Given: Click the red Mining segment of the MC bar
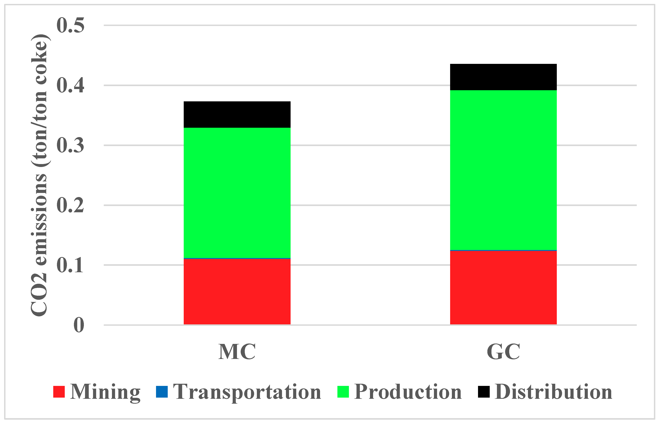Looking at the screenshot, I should [x=237, y=292].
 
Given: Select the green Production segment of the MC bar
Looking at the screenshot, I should [x=237, y=193].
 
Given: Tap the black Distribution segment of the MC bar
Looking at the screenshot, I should [x=237, y=115].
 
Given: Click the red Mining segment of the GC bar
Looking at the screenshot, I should [x=503, y=288].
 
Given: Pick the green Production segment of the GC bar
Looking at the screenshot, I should [x=503, y=170].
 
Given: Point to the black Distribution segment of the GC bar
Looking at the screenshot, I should [x=503, y=77].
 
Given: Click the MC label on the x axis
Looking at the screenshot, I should [x=237, y=352].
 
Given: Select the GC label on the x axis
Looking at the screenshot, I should [x=503, y=352].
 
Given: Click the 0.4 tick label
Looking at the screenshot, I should [x=70, y=85].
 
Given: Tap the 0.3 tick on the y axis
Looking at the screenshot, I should [x=70, y=145].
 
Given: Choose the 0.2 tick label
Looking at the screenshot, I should [x=70, y=205].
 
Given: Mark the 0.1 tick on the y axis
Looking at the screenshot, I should [x=70, y=265].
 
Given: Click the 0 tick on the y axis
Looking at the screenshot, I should [x=79, y=325].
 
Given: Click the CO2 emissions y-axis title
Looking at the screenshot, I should [x=40, y=176].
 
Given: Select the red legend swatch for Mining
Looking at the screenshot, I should [x=59, y=392].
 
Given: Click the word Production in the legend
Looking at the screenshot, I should [x=408, y=392].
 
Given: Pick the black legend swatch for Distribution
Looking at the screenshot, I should [x=484, y=392].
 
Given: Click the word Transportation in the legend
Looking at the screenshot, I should [x=247, y=392].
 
